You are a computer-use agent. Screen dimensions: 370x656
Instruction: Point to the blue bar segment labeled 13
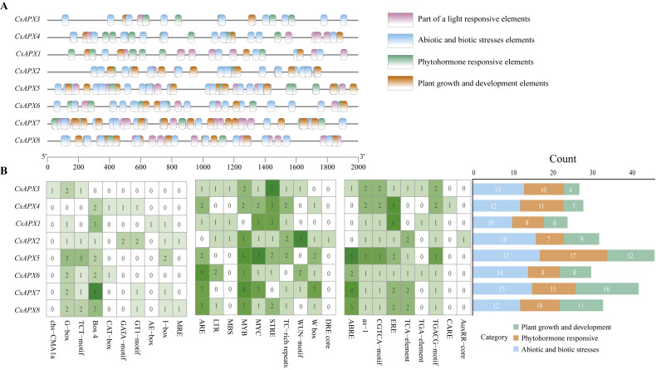coord(498,190)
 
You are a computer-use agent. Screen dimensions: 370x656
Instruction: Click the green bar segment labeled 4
coord(573,190)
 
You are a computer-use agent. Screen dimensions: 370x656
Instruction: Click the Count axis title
coord(565,158)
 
